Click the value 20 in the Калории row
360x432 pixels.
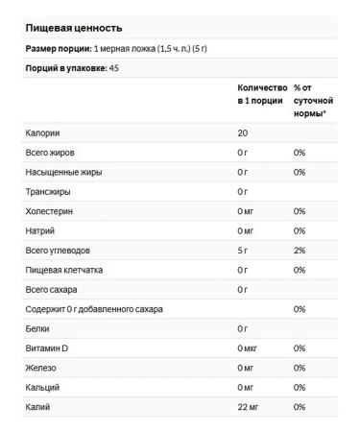click(x=244, y=132)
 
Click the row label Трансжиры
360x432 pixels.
click(x=50, y=192)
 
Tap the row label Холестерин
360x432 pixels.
click(x=52, y=211)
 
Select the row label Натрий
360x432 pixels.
click(x=41, y=230)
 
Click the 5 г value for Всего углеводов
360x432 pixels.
click(x=244, y=251)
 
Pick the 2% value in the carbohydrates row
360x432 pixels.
click(x=300, y=251)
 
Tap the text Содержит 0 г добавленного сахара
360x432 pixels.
click(x=94, y=309)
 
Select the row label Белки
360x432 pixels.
click(x=38, y=328)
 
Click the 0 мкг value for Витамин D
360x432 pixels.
click(x=248, y=348)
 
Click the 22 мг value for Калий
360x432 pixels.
click(x=248, y=407)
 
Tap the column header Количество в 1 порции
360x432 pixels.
click(x=261, y=93)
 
